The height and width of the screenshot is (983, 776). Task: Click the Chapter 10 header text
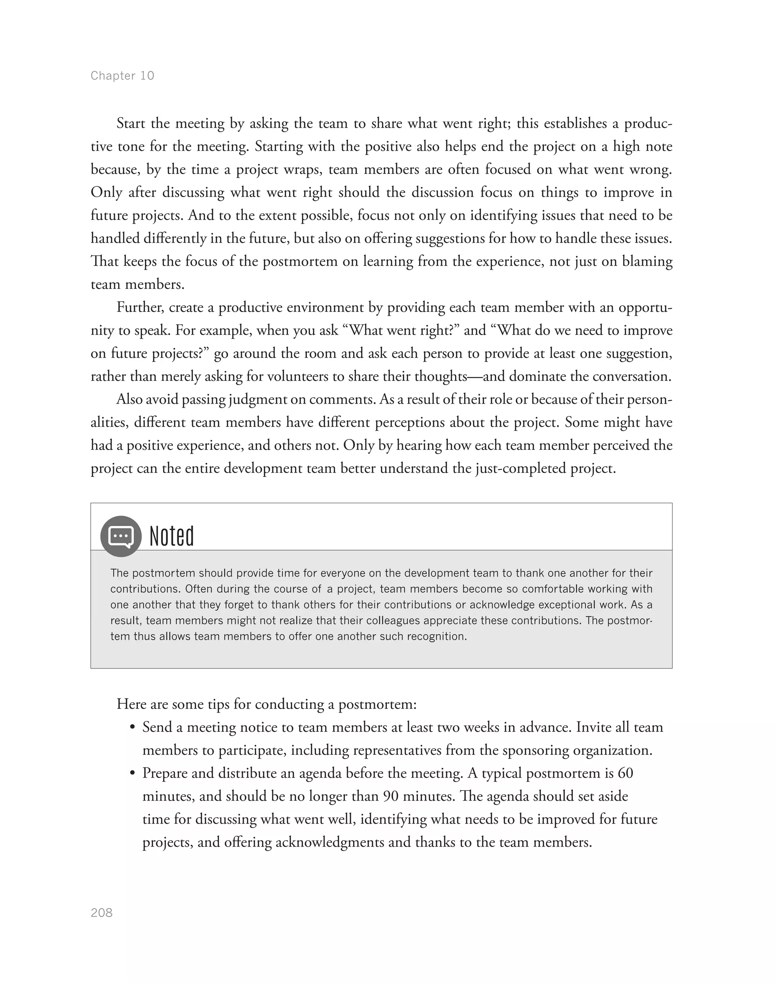(122, 75)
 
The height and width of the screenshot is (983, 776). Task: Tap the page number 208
(102, 913)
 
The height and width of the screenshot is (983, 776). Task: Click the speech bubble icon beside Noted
(121, 536)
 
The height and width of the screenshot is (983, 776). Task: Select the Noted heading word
(172, 536)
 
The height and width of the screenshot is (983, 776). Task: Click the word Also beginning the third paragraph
(130, 399)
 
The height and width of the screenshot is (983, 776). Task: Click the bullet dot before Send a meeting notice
(133, 728)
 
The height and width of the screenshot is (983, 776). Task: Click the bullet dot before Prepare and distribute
(133, 773)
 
